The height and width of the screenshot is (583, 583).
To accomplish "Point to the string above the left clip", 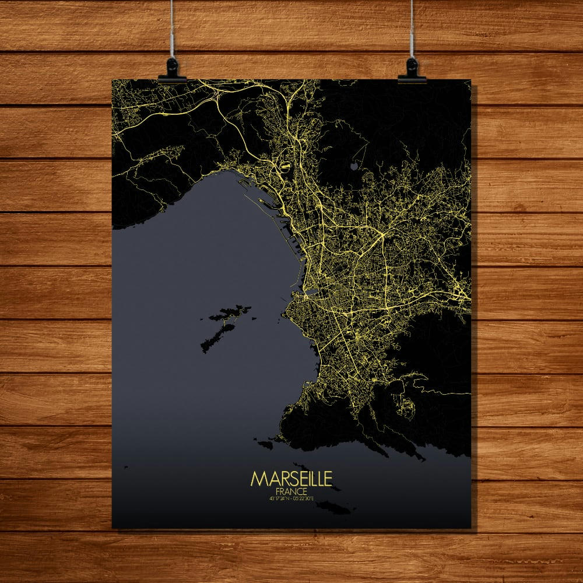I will click(x=173, y=29).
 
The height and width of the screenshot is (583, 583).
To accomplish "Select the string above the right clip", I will click(x=412, y=29).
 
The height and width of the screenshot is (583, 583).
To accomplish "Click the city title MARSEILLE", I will click(x=291, y=479).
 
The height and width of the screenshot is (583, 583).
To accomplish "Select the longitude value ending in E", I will click(x=304, y=499).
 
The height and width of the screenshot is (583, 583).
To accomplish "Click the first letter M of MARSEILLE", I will click(x=257, y=479).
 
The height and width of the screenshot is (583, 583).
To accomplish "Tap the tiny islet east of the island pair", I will click(x=254, y=318).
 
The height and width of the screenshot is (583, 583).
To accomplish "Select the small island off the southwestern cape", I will click(x=266, y=444).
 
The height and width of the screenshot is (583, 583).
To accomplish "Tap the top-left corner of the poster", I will click(x=113, y=80).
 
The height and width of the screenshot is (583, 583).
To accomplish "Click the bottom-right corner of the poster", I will click(x=470, y=528).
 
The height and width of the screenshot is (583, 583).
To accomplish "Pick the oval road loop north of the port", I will click(x=285, y=167).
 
